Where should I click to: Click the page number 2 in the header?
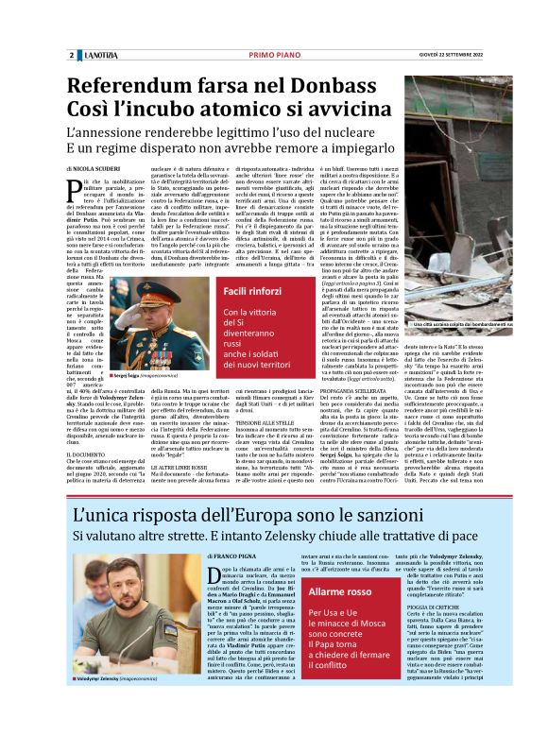(x=71, y=55)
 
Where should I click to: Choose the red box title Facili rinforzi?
(x=258, y=291)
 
